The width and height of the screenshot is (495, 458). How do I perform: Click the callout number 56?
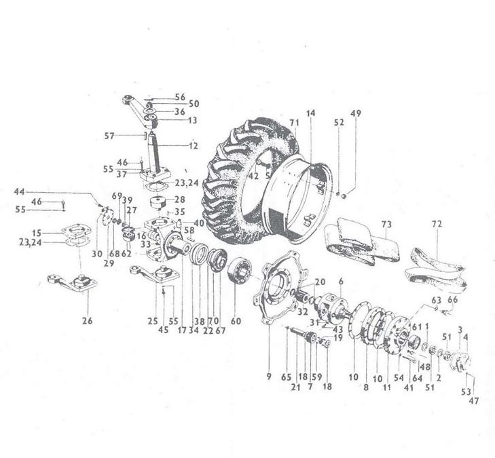pos(179,96)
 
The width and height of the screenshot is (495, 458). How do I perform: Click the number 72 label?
pos(437,223)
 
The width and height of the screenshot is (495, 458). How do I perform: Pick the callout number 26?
pos(87,321)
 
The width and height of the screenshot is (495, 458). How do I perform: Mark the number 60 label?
pos(236,321)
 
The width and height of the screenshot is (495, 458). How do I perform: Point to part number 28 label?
pos(180,200)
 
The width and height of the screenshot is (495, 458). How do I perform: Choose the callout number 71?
pos(293,122)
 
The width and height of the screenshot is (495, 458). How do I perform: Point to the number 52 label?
pos(339,123)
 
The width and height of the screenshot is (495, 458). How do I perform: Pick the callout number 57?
pos(129,135)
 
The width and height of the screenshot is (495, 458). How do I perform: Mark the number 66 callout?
pos(454,299)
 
